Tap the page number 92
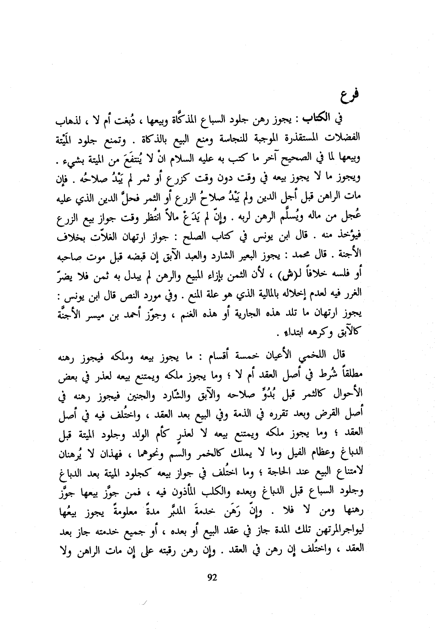tap(212, 576)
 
